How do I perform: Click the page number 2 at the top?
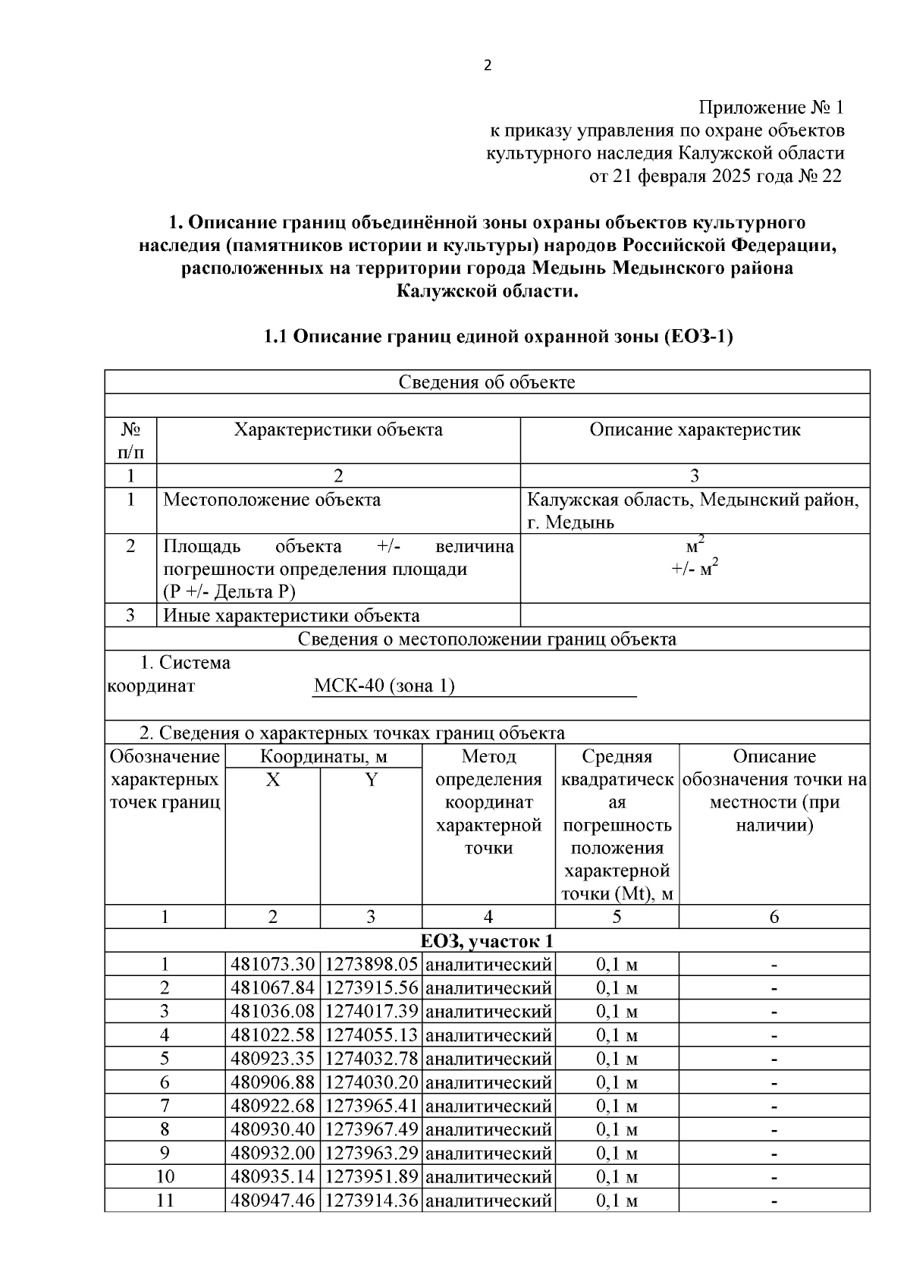point(488,66)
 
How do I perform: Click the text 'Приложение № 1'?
point(770,107)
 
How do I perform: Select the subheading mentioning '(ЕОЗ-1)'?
point(497,337)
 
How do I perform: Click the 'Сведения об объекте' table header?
point(487,382)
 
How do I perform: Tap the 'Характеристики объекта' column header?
point(338,430)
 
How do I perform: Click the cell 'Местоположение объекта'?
point(272,500)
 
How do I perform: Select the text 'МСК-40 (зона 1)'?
point(384,686)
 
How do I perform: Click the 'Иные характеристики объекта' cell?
point(291,616)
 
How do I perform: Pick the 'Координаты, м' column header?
point(323,757)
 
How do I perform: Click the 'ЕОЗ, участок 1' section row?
point(487,942)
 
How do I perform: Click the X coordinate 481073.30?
point(272,965)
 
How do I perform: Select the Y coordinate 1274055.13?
point(371,1036)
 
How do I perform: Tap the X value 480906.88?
point(272,1083)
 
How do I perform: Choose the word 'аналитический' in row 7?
point(488,1107)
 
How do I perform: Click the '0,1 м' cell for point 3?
point(617,1012)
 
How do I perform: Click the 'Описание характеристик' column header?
point(695,430)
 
